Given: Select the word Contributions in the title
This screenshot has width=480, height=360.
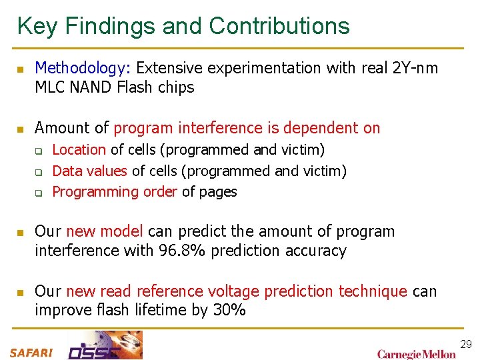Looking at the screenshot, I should point(279,26).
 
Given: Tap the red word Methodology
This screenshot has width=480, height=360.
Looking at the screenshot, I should point(83,68).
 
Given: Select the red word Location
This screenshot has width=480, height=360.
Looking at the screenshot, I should point(79,150).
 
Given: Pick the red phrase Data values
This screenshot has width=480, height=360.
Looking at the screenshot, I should point(89,171).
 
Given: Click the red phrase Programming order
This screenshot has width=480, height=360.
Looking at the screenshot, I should point(113,192).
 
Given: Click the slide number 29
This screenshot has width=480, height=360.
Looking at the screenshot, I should point(466,344).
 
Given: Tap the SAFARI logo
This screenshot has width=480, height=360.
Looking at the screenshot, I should point(31,353).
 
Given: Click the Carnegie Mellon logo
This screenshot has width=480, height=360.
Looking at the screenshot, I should point(417,354).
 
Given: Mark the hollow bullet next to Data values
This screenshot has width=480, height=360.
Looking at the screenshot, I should point(39,172).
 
